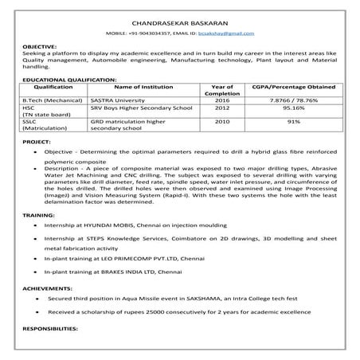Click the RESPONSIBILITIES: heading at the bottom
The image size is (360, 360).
(52, 328)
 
